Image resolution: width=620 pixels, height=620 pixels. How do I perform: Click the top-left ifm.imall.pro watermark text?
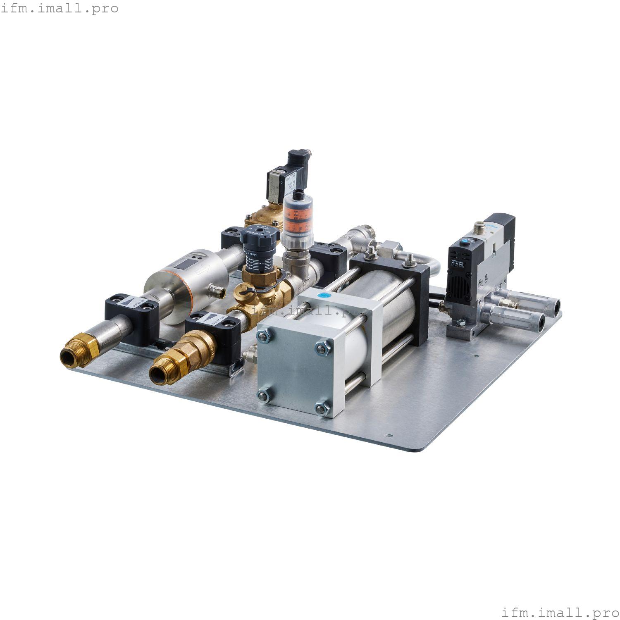click(60, 8)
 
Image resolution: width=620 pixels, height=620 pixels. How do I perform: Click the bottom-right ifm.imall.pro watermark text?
click(560, 612)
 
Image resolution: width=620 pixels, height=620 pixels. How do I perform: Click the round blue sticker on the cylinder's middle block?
click(324, 295)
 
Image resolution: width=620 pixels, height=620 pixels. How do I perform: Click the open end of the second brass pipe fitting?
click(158, 376)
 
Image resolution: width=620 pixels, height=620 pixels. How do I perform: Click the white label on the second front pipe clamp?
click(210, 320)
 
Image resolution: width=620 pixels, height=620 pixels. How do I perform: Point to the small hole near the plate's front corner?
click(388, 435)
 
